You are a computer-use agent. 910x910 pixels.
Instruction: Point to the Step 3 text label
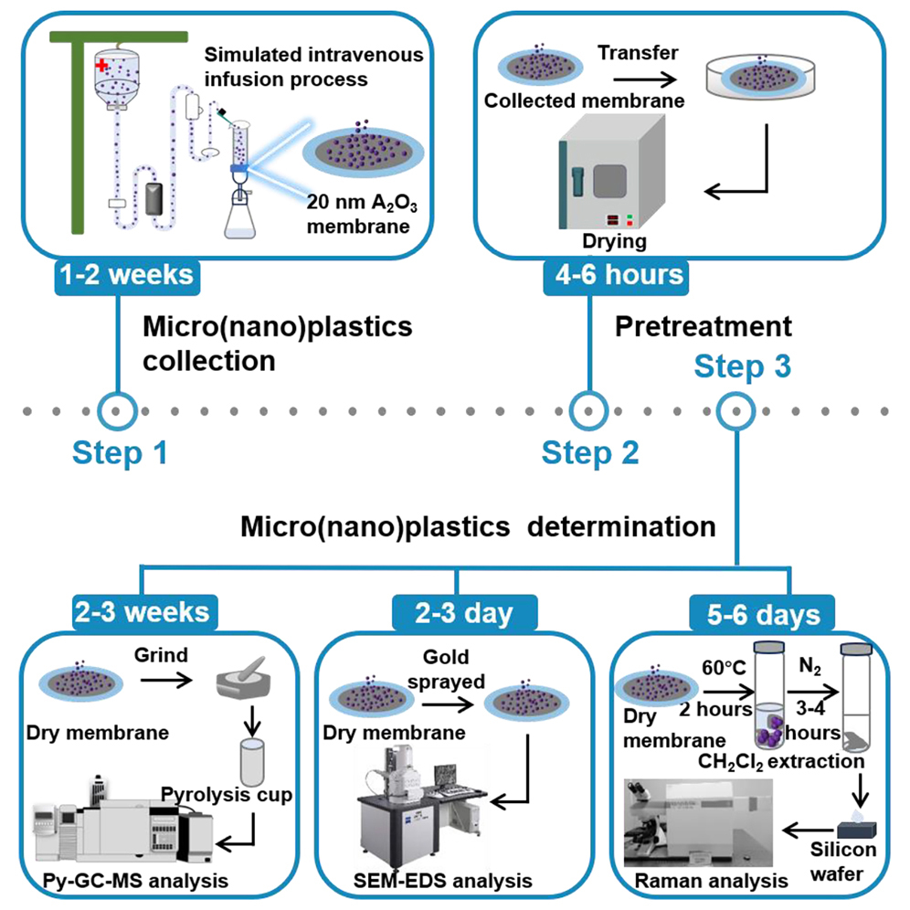(x=742, y=367)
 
